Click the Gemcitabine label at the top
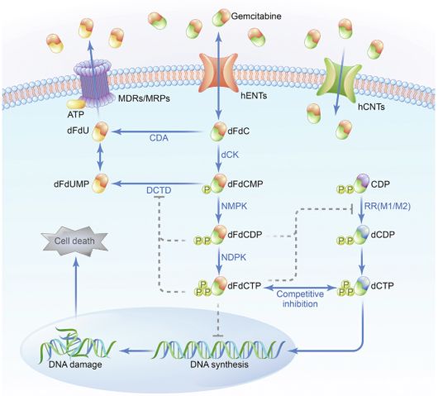(256, 17)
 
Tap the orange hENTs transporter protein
(218, 73)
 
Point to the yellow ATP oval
(75, 105)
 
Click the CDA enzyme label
(159, 138)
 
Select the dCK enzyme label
(230, 155)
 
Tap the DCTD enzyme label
(159, 190)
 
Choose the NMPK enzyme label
(234, 206)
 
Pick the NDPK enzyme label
(234, 257)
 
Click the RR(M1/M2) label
(388, 206)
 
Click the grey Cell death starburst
(74, 241)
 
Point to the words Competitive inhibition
(300, 298)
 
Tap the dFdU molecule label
(78, 131)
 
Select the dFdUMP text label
(72, 184)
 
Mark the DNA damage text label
(75, 365)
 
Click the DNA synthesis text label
(219, 365)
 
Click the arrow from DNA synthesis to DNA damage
(136, 351)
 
